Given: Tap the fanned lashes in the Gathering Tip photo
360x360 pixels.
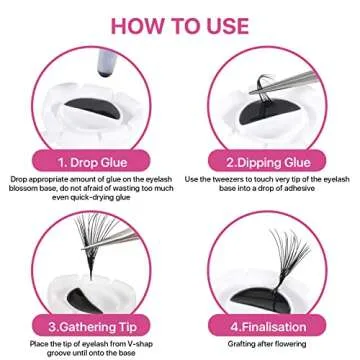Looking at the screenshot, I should click(80, 240).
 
